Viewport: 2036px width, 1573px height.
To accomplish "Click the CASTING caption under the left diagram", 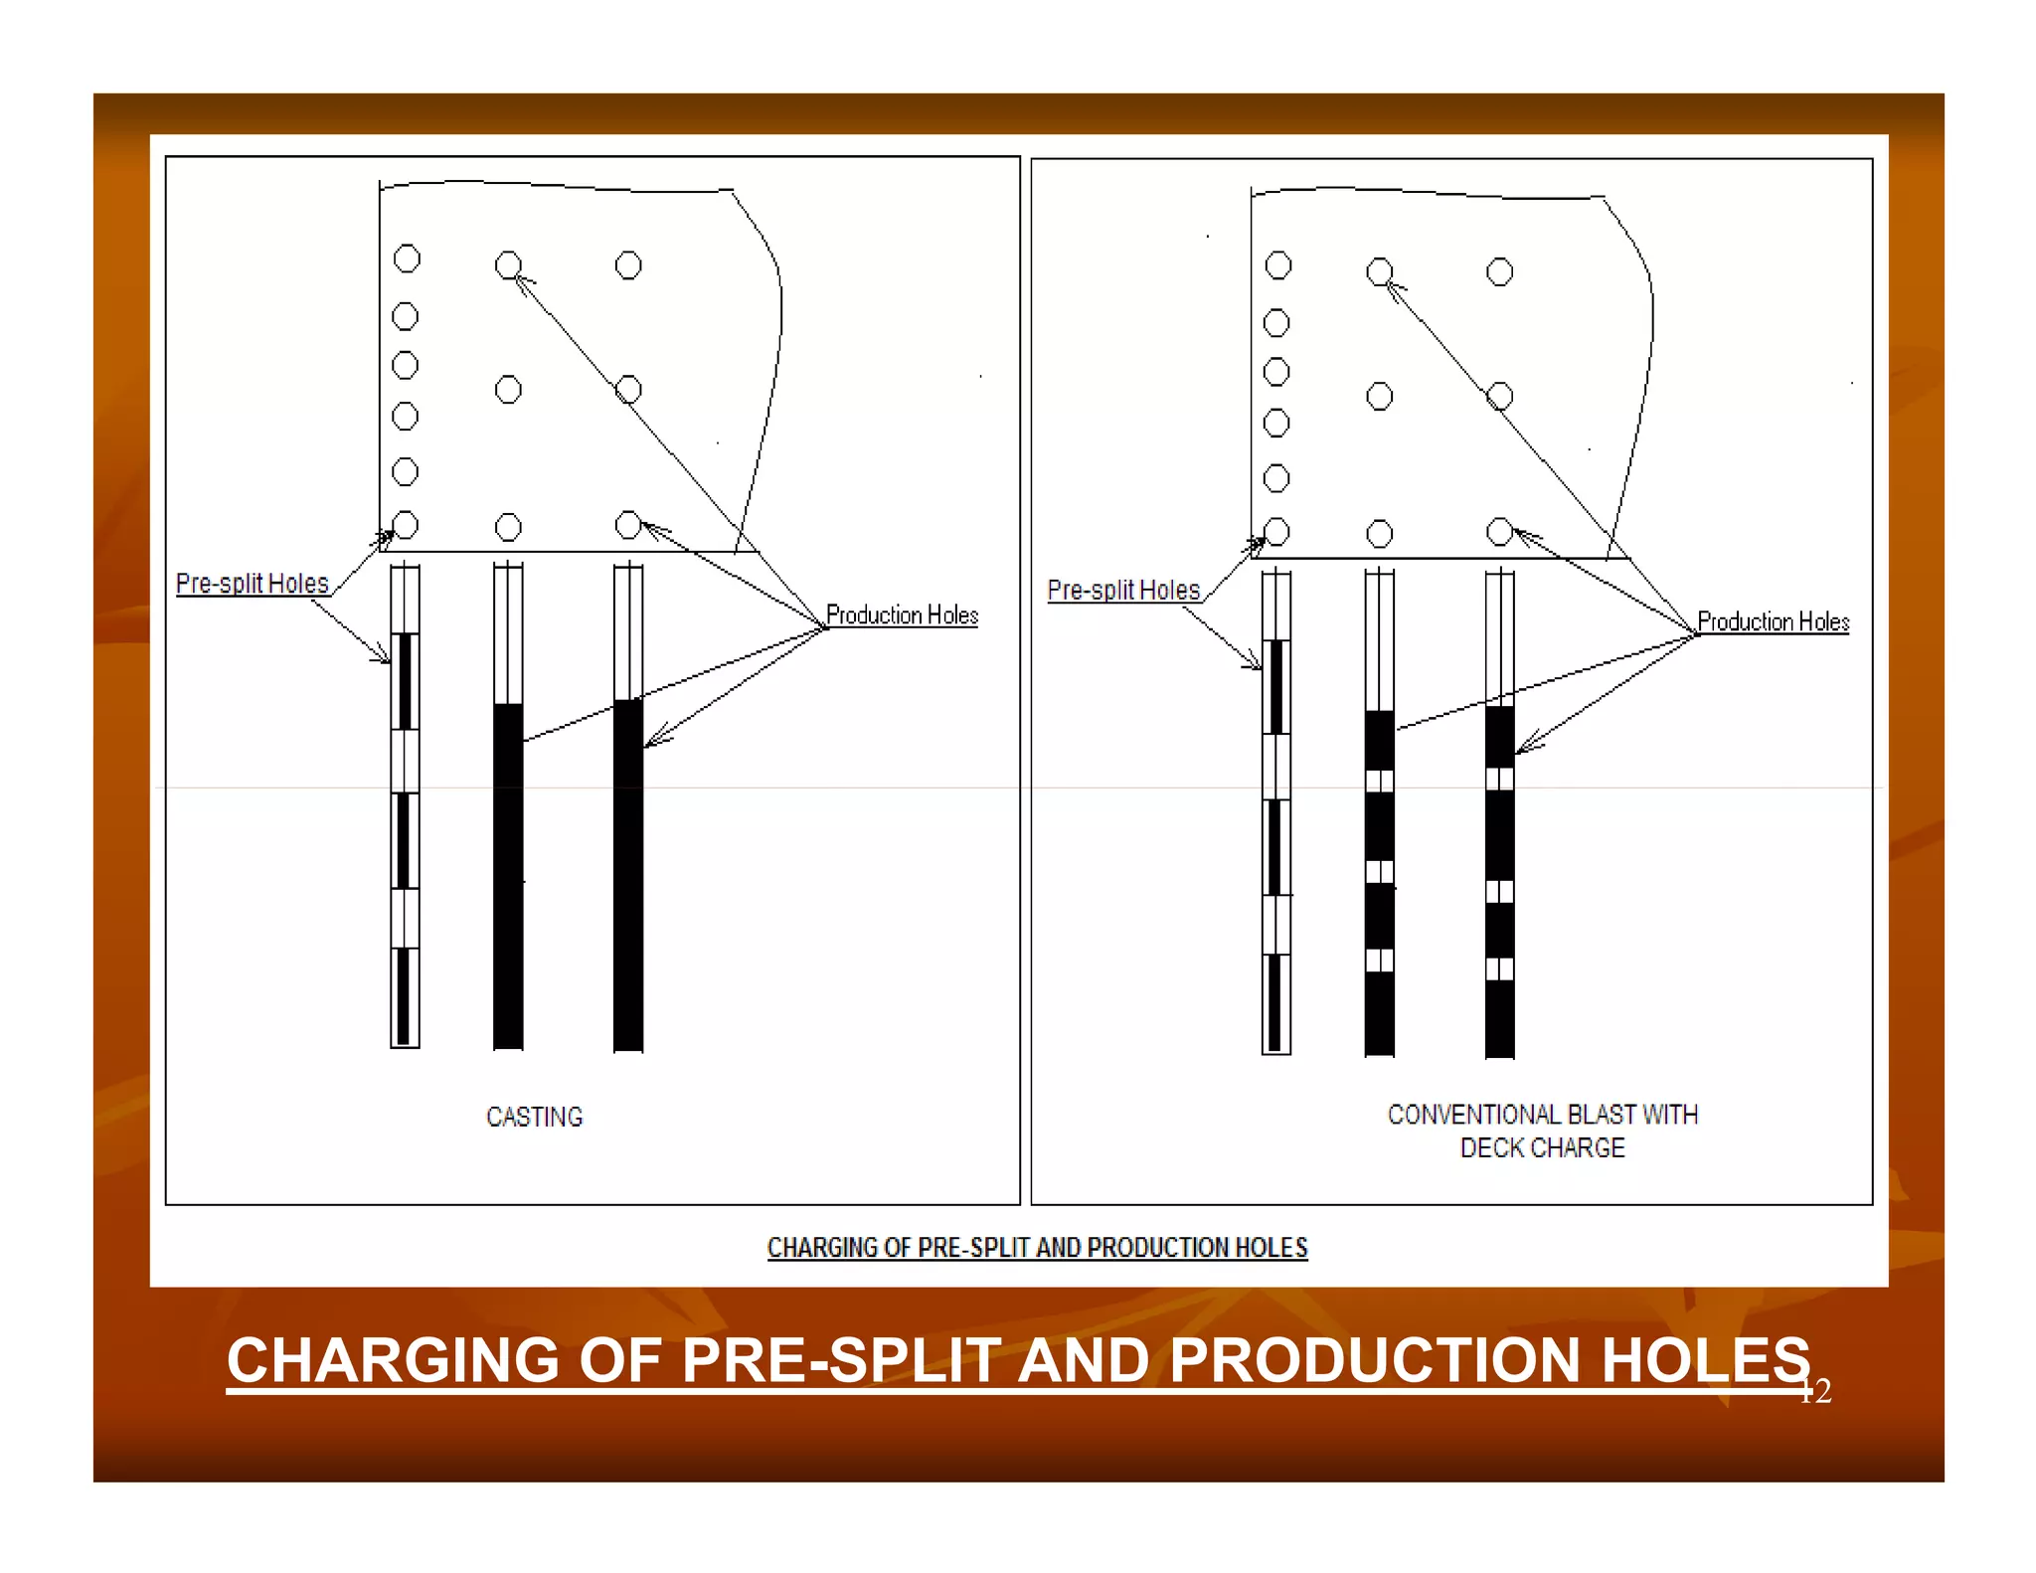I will (534, 1117).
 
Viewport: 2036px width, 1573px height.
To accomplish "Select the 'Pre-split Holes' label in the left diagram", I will (252, 584).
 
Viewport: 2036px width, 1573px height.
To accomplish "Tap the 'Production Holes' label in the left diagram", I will (902, 615).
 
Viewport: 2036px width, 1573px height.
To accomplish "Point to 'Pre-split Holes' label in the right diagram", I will (1123, 591).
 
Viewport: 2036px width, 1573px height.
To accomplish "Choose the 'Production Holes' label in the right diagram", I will (1773, 622).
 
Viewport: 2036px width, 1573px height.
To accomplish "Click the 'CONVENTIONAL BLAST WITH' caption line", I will (1542, 1115).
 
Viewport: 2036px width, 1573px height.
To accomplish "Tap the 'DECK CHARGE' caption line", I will (1542, 1148).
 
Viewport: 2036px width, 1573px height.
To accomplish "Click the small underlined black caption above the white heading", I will (1037, 1248).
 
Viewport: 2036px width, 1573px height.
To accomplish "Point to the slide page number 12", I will (1816, 1391).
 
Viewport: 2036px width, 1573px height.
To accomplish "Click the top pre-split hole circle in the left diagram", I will (407, 259).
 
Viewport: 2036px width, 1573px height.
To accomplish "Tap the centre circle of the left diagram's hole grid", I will (508, 390).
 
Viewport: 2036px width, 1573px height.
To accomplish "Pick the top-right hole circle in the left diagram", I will (628, 265).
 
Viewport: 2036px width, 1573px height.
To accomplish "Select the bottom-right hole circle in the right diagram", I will (1499, 532).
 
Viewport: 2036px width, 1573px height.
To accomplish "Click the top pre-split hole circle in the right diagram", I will (1278, 265).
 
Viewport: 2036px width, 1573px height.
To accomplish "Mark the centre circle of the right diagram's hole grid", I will (1380, 397).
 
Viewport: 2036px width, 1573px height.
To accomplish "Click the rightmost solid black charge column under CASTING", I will (628, 875).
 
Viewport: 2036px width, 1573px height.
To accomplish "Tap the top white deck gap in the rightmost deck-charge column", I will (1499, 778).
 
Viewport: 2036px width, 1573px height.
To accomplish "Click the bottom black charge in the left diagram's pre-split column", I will (404, 996).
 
